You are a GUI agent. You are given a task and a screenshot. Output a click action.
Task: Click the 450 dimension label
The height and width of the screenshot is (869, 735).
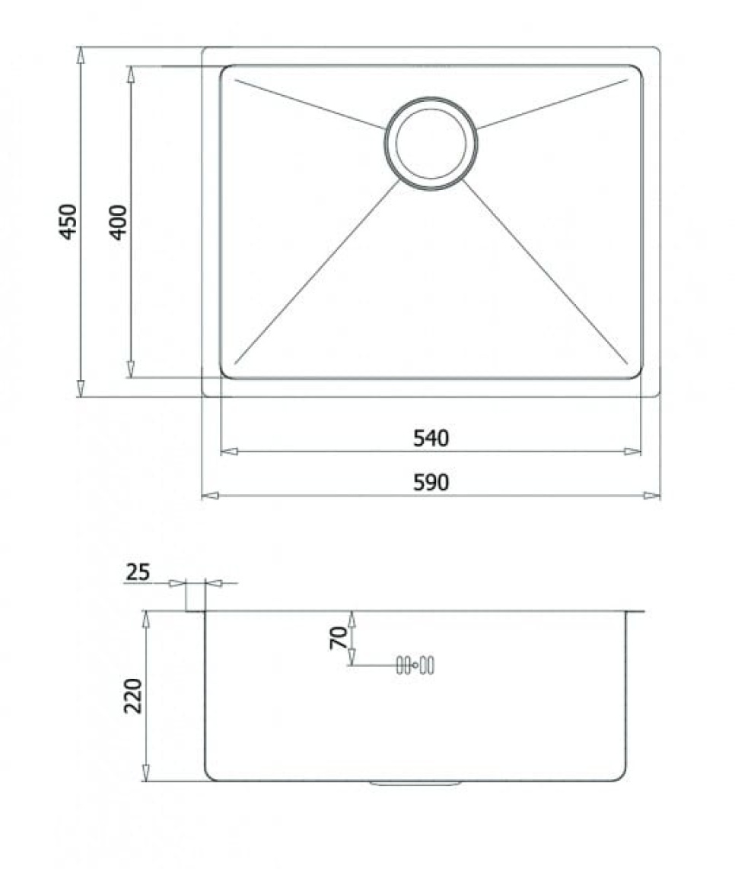[68, 221]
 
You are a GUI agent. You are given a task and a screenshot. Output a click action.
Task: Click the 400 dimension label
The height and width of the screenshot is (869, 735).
[119, 222]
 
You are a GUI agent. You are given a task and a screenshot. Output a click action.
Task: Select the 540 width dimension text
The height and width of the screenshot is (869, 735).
[431, 438]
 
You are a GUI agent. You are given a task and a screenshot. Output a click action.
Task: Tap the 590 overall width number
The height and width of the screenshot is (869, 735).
[431, 482]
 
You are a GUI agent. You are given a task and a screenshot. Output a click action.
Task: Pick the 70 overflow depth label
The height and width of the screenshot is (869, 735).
[339, 637]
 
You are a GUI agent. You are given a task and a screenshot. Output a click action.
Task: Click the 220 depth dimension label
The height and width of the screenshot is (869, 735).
[133, 695]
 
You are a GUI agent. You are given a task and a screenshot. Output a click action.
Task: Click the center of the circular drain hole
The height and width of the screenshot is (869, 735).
[431, 143]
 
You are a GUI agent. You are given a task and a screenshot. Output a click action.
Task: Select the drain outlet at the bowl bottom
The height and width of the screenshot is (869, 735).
[416, 782]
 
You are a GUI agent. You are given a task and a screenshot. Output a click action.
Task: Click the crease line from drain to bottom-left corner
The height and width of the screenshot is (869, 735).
[316, 274]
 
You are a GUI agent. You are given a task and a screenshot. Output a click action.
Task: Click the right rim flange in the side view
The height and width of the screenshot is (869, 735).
[635, 611]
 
